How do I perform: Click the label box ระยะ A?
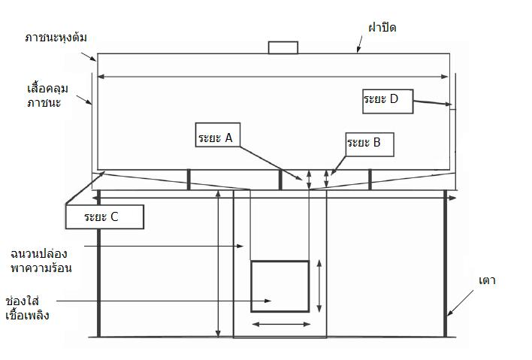[x=218, y=135]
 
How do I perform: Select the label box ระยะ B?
[x=370, y=144]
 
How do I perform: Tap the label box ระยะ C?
[x=104, y=216]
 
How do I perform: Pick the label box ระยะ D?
[x=388, y=101]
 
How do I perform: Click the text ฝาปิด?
[x=382, y=28]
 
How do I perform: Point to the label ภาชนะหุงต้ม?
[x=56, y=38]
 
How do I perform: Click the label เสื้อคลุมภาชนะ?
[x=47, y=95]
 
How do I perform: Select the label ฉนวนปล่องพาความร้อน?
[x=41, y=261]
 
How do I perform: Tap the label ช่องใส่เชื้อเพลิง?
[x=28, y=308]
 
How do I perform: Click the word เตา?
[x=487, y=280]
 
